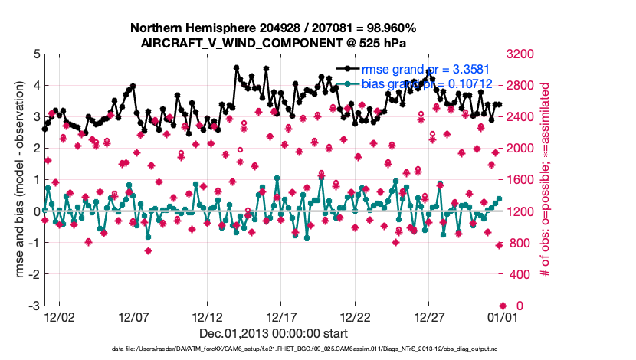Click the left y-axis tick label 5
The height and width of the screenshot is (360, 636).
36,54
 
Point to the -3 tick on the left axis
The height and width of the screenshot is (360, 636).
34,306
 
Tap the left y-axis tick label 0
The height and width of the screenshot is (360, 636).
36,211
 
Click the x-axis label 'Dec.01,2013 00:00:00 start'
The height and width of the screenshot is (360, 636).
273,333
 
